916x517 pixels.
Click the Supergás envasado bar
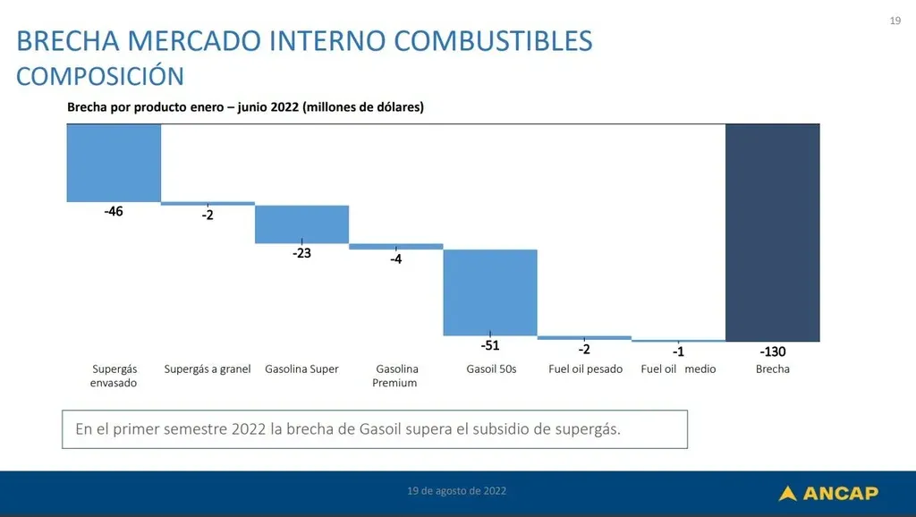114,162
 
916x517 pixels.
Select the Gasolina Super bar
301,224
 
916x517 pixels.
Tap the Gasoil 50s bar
490,292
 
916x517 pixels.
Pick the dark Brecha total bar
772,233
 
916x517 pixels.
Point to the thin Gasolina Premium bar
395,246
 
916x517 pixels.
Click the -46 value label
114,212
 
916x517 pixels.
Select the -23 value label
301,253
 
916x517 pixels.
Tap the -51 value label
490,346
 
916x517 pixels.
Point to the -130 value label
772,352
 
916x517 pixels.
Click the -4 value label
396,259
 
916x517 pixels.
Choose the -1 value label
678,352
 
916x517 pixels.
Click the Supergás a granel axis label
208,369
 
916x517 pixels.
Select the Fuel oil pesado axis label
585,369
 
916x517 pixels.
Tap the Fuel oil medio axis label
678,369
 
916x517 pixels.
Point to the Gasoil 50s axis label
491,369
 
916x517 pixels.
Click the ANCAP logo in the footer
828,493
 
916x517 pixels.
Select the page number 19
895,21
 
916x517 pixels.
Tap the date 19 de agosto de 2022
456,491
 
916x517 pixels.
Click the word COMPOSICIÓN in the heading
100,76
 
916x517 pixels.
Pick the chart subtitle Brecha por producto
245,106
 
